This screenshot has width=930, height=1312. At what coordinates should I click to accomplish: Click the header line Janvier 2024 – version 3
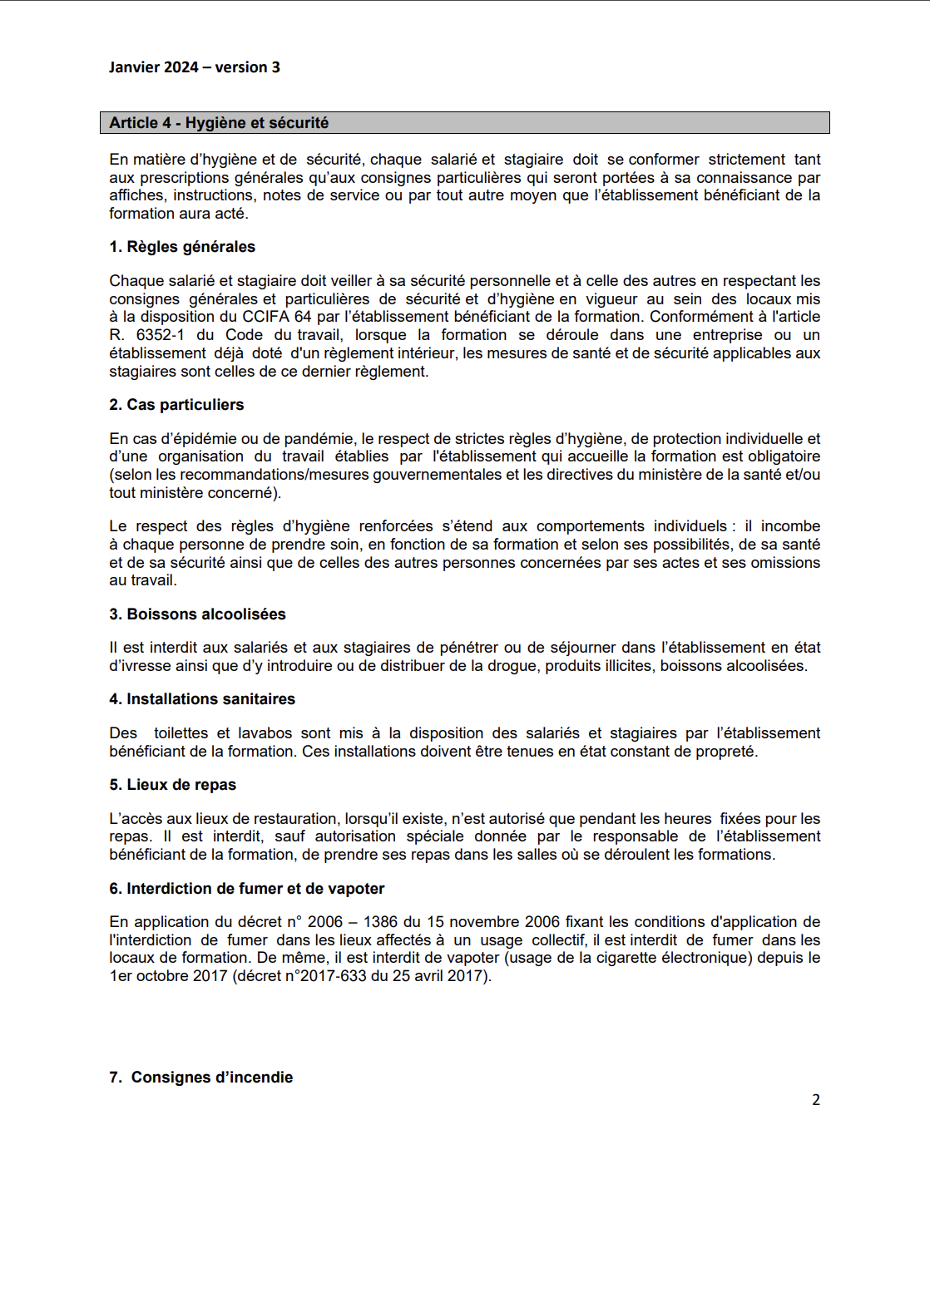(194, 67)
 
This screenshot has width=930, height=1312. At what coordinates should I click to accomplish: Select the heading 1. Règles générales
(182, 247)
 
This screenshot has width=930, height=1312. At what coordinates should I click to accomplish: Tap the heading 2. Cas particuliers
(176, 405)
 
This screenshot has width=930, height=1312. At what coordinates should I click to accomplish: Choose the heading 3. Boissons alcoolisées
(197, 614)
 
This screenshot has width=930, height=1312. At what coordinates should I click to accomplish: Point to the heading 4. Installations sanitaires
(202, 699)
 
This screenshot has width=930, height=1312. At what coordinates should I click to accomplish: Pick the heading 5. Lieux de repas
(172, 785)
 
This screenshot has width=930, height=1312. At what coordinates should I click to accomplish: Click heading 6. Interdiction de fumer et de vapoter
(246, 889)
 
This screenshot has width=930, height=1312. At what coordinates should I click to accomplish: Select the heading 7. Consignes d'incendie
(200, 1078)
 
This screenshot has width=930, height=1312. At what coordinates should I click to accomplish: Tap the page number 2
(816, 1100)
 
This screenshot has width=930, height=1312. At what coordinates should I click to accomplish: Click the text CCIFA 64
(277, 317)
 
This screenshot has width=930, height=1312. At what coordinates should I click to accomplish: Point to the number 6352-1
(160, 335)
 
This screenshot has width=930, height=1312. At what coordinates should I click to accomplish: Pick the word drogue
(513, 666)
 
